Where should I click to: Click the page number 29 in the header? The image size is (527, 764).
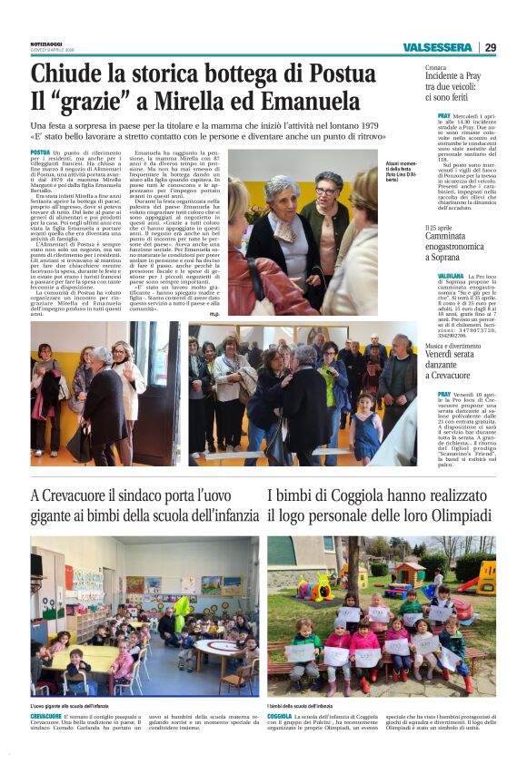point(490,47)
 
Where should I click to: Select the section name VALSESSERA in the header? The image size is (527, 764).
point(439,47)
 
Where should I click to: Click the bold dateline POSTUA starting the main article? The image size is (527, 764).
point(40,152)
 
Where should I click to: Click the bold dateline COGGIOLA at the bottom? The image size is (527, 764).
point(280,717)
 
